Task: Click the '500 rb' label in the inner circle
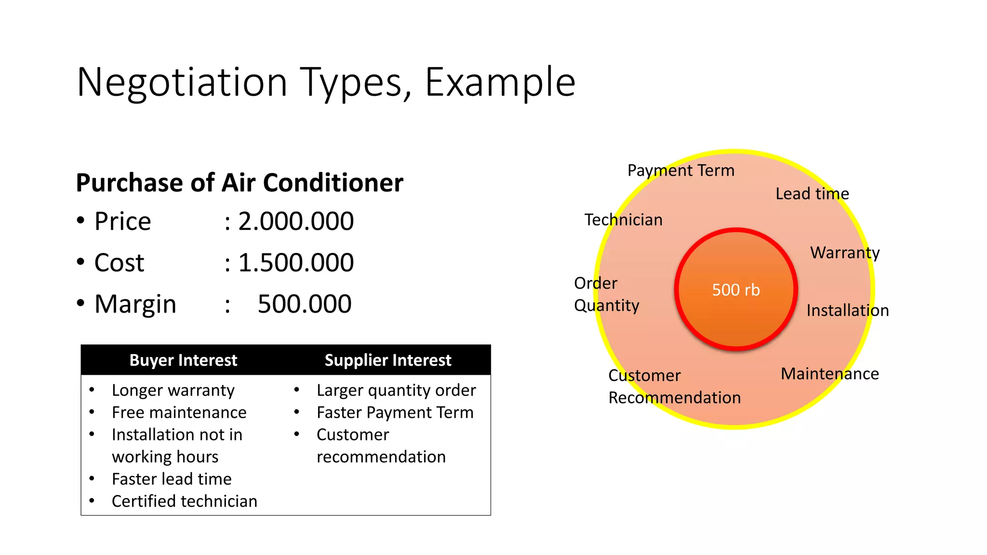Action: point(736,290)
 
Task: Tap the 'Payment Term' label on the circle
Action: point(680,171)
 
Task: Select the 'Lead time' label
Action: point(812,194)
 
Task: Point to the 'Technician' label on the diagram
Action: point(623,220)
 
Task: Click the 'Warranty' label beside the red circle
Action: point(845,252)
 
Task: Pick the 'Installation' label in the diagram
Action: point(847,310)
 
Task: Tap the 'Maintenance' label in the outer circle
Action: point(829,374)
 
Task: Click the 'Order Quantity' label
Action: point(606,294)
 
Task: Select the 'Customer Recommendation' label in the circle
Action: point(674,386)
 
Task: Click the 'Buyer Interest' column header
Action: point(183,360)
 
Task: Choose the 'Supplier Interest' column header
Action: point(387,360)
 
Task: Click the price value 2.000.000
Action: point(296,222)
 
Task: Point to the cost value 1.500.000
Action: point(296,263)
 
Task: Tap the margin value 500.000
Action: point(304,304)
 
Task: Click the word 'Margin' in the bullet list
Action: point(135,304)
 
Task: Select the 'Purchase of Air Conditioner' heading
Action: point(240,183)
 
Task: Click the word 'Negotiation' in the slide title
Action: point(182,82)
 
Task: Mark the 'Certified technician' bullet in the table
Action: point(184,501)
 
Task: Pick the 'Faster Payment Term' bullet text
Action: point(395,412)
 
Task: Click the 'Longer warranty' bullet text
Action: point(173,390)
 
